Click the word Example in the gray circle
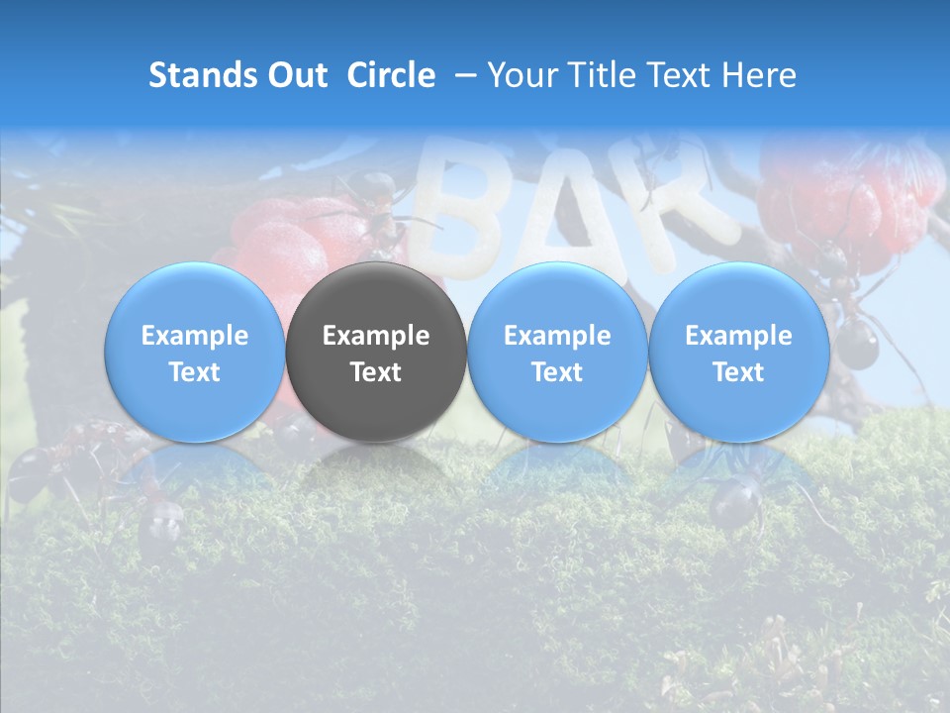click(x=376, y=336)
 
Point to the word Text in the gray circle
click(x=376, y=372)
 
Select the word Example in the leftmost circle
click(x=194, y=336)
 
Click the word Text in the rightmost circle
click(x=738, y=372)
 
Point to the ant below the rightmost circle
click(x=737, y=500)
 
